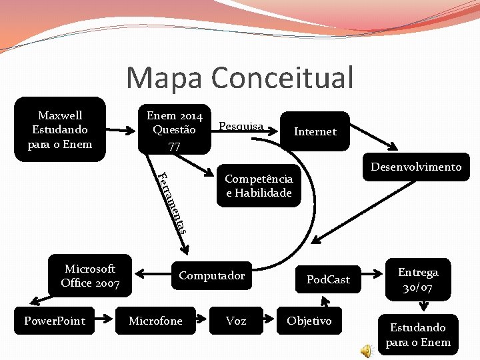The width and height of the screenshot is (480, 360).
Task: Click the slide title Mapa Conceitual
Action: click(240, 77)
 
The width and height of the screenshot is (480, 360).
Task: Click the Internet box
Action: click(315, 131)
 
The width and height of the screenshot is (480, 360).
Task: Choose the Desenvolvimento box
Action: click(416, 167)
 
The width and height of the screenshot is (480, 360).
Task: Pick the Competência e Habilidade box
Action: click(258, 186)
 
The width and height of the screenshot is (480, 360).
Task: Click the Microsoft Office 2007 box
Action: click(90, 276)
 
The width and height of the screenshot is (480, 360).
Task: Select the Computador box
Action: click(211, 276)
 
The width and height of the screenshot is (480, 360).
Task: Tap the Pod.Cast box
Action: click(327, 279)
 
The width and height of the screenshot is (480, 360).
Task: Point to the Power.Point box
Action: click(55, 321)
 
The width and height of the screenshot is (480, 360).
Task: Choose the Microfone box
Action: click(155, 321)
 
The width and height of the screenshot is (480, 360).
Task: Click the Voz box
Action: click(235, 321)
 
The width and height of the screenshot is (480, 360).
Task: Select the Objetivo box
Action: click(309, 321)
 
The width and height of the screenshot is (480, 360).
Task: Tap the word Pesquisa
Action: click(241, 125)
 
